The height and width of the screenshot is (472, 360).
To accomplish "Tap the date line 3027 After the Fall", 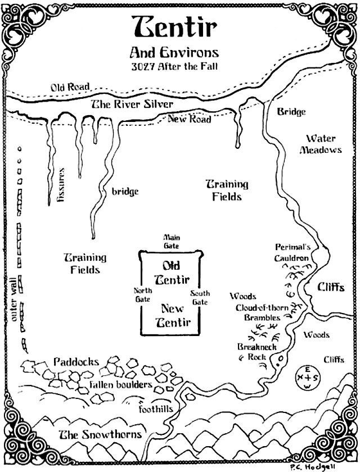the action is [x=179, y=66].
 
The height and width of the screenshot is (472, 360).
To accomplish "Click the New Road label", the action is [x=189, y=119].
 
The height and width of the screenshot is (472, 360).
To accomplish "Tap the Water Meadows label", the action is [x=321, y=144].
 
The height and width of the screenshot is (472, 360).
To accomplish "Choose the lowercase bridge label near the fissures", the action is [x=125, y=192].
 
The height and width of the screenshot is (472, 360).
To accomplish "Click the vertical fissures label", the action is [x=62, y=185].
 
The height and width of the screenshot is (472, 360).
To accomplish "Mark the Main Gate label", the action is [x=171, y=242].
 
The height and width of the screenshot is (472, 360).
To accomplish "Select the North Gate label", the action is [x=142, y=295].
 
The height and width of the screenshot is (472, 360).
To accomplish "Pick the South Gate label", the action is [x=200, y=298].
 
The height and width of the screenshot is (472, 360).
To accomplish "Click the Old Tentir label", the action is [x=172, y=273].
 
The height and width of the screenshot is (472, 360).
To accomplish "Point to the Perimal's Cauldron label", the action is [x=291, y=252].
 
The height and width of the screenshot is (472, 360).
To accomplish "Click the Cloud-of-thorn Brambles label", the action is [x=258, y=312].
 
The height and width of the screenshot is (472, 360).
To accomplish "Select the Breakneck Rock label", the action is [x=251, y=351].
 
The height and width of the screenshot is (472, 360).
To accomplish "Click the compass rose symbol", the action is [x=307, y=376].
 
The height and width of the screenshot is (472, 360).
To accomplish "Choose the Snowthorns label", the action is [x=100, y=434].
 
